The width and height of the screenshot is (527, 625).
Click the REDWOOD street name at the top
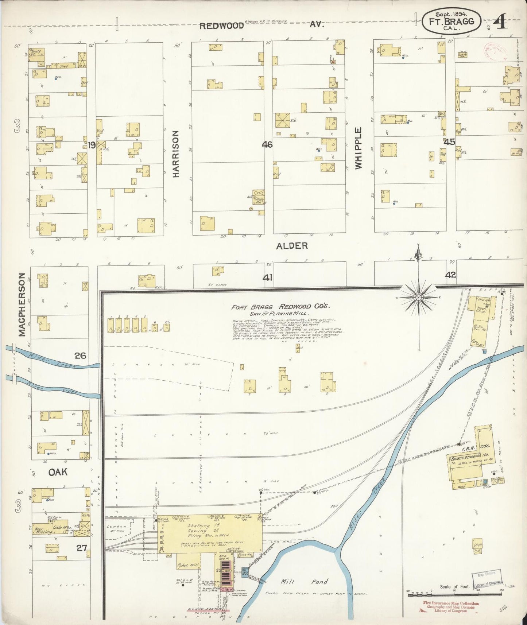[x=222, y=26]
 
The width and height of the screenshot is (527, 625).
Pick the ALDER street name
[x=292, y=246]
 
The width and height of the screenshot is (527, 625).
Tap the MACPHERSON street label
[x=22, y=304]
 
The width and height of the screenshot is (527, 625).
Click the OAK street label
[x=58, y=472]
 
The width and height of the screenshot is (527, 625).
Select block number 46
[x=267, y=144]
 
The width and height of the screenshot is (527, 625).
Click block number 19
[x=92, y=145]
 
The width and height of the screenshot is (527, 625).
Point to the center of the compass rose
[x=419, y=298]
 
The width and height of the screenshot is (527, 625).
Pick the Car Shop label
[x=478, y=344]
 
